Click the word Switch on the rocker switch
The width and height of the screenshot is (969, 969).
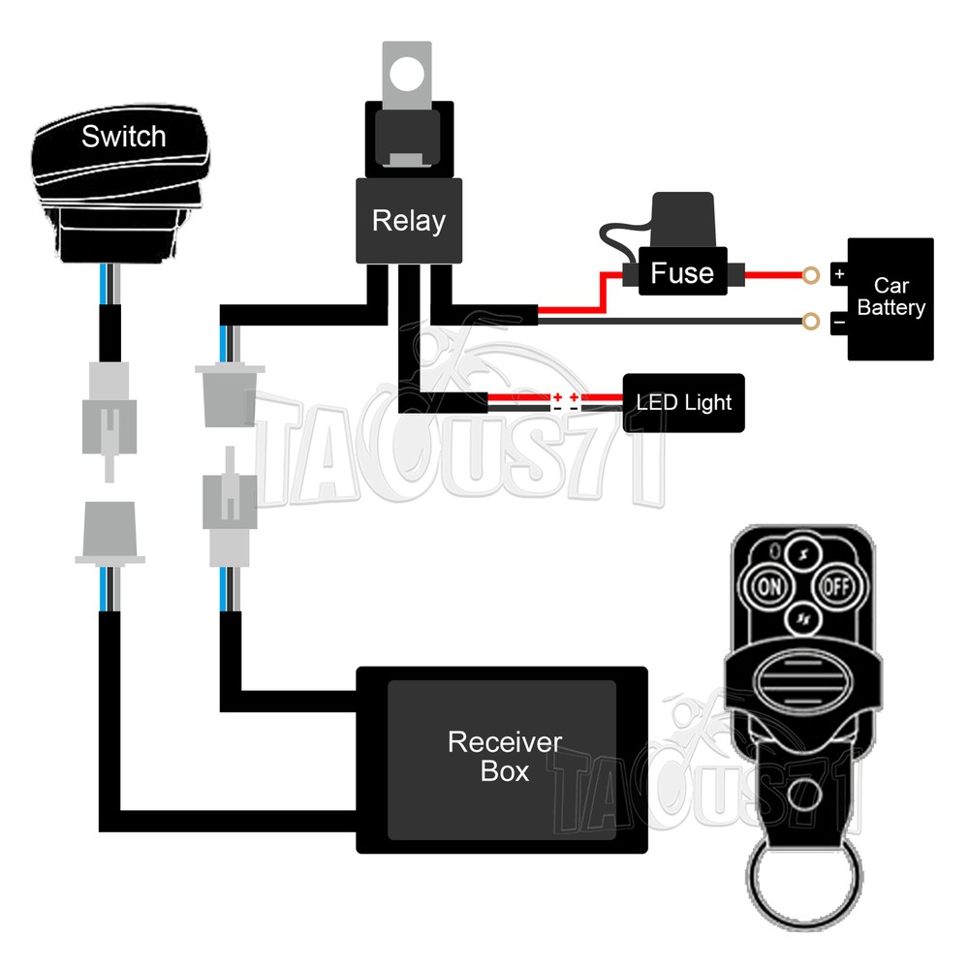123,137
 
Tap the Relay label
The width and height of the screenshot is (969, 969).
408,221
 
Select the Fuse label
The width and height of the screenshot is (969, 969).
682,273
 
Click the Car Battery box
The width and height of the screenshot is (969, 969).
891,298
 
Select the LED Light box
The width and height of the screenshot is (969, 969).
684,402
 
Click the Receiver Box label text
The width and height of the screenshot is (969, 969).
504,757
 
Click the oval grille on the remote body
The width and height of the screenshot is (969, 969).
801,677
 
